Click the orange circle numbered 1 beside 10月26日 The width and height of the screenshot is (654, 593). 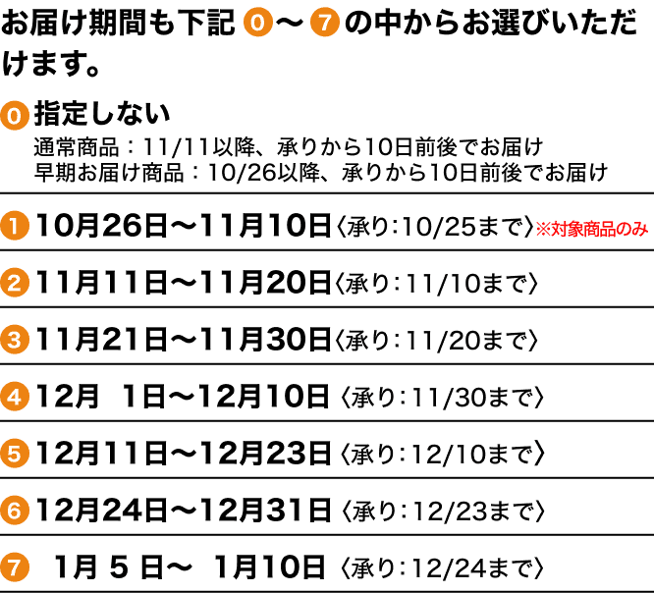15,227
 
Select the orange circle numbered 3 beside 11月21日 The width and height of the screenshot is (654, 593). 15,341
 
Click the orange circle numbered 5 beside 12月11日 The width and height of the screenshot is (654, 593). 15,455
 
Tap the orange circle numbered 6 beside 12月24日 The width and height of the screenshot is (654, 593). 15,511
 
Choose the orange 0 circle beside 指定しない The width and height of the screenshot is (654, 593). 15,114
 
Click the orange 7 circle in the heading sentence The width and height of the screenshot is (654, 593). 324,23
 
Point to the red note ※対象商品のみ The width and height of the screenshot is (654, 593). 591,229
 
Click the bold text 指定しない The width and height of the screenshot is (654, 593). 102,113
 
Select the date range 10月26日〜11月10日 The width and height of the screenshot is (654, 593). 184,227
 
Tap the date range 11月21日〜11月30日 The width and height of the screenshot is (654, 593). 184,341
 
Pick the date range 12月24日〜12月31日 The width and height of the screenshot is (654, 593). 184,511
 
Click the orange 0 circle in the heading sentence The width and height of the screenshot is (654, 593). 256,23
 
